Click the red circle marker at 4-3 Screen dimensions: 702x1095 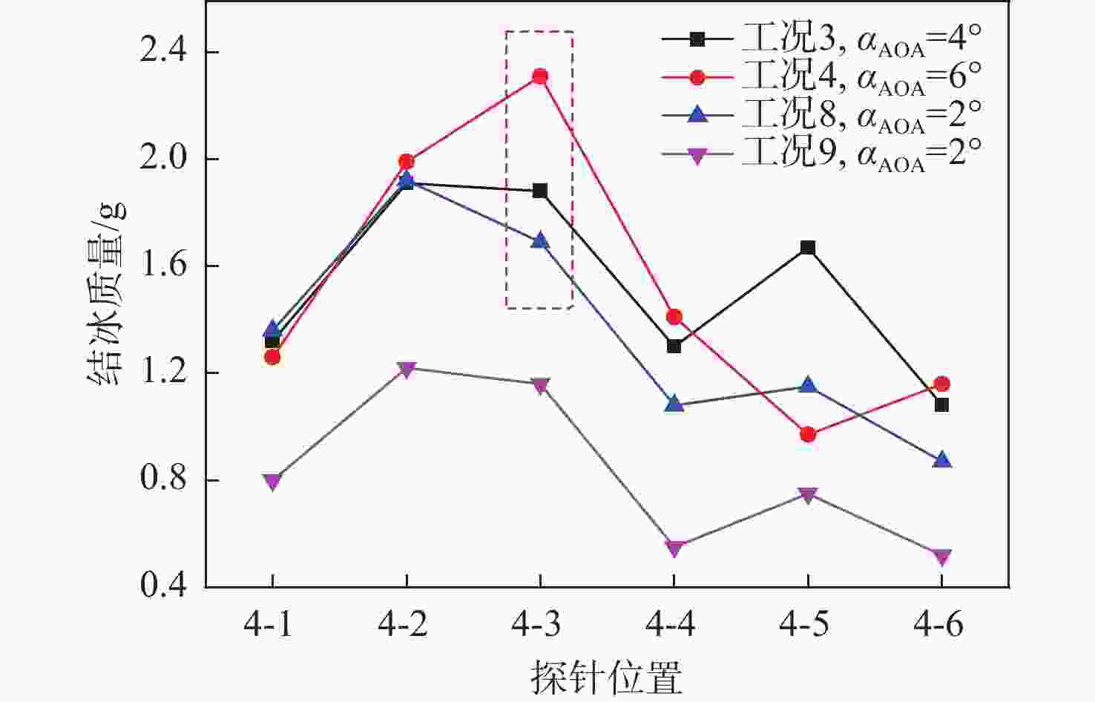click(540, 76)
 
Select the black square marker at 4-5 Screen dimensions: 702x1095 click(808, 247)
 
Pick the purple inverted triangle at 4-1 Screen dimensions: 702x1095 click(272, 482)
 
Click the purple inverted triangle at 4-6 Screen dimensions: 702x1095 click(941, 557)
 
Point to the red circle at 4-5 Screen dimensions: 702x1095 click(808, 434)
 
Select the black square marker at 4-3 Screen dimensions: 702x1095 click(540, 191)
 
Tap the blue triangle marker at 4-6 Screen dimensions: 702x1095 click(941, 460)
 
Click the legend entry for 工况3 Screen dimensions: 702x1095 click(822, 39)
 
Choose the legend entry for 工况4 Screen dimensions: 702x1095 click(822, 77)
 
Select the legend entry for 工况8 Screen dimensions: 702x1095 click(822, 115)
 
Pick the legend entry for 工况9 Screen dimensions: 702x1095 click(822, 154)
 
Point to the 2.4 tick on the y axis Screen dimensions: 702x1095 click(165, 52)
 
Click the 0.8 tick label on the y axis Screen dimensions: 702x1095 click(165, 479)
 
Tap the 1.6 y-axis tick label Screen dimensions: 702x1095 click(165, 266)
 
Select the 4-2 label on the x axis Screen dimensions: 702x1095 click(405, 625)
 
